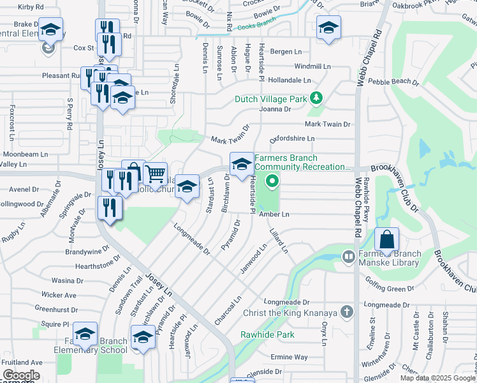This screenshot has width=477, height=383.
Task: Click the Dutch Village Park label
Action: (x=271, y=99)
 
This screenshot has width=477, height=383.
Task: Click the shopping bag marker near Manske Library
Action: (x=387, y=240)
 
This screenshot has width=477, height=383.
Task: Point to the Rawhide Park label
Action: (x=267, y=334)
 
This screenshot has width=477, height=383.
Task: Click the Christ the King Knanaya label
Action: (x=290, y=313)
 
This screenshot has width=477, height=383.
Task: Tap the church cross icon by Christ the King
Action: (x=346, y=312)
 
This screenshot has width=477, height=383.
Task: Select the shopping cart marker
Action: (x=155, y=173)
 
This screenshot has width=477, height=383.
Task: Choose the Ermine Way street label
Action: (x=289, y=357)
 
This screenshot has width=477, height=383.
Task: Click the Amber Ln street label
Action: (x=274, y=214)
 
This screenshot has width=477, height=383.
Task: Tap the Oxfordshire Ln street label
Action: (x=293, y=139)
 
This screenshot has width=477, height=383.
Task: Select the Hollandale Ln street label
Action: (x=289, y=80)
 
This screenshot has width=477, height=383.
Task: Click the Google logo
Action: (x=21, y=375)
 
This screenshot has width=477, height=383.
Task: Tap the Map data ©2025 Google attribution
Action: (x=437, y=378)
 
